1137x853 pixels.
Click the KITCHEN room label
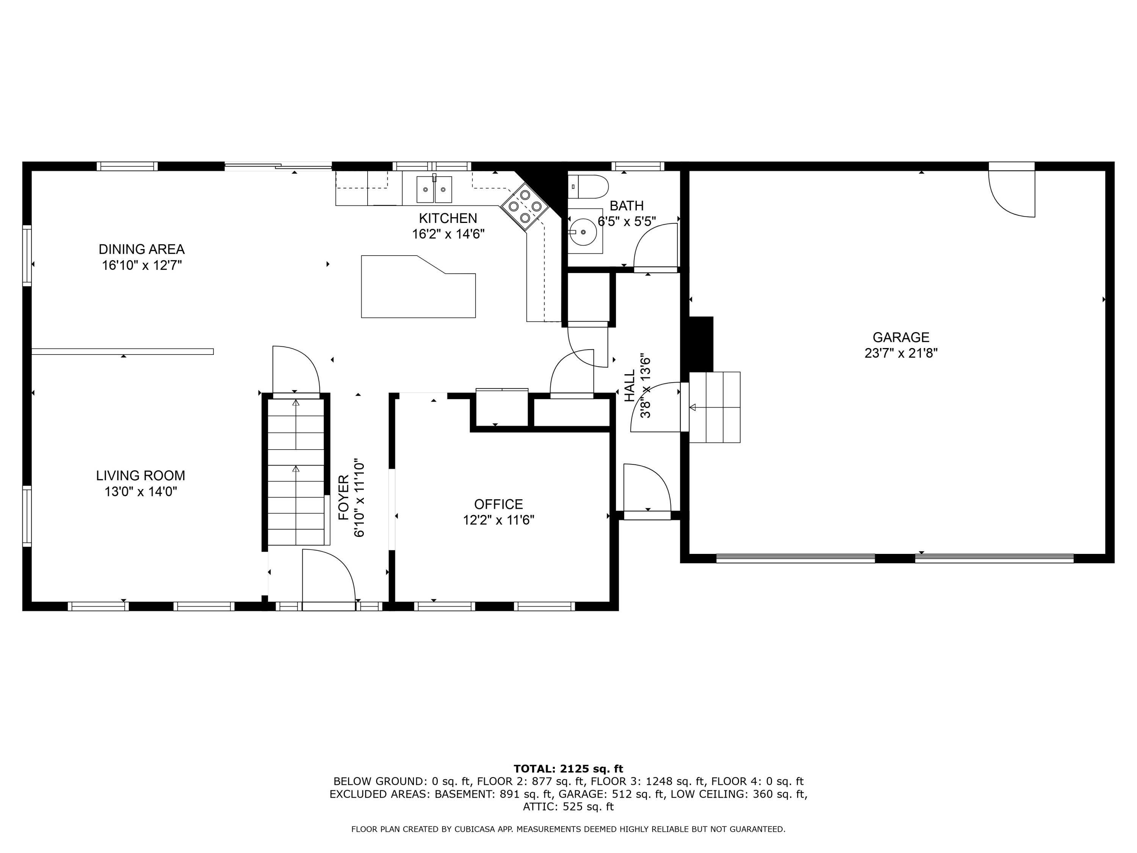448,218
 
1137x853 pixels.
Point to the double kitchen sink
434,190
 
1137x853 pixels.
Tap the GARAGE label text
901,337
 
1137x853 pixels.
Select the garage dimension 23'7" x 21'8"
901,353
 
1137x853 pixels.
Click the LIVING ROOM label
140,476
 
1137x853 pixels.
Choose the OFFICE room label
498,504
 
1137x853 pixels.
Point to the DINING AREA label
141,249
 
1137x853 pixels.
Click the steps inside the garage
714,407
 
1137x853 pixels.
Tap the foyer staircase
296,470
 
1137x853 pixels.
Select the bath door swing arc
654,246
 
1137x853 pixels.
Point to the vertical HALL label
630,387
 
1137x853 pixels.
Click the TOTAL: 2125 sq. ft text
568,769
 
